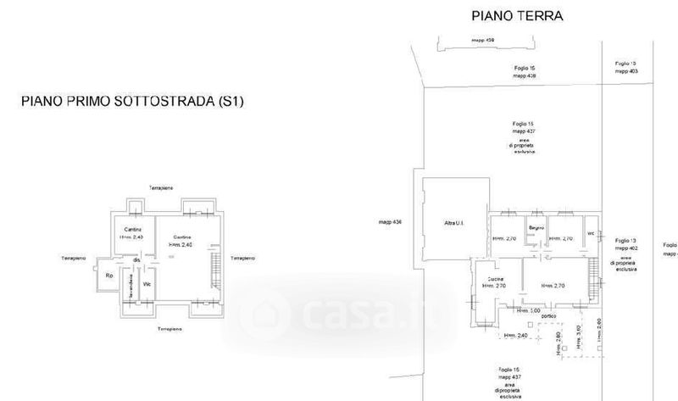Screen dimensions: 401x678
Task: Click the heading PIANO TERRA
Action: [x=516, y=15]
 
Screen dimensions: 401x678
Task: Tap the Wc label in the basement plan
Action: [x=147, y=283]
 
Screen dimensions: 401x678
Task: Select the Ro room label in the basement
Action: [x=109, y=276]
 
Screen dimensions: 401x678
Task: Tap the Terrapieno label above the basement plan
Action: [x=161, y=187]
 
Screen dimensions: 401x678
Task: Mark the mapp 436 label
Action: [x=391, y=223]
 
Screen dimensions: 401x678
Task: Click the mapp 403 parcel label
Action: [x=627, y=71]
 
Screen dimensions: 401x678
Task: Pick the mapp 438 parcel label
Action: [x=525, y=75]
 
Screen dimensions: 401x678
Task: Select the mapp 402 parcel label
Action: [x=627, y=248]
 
